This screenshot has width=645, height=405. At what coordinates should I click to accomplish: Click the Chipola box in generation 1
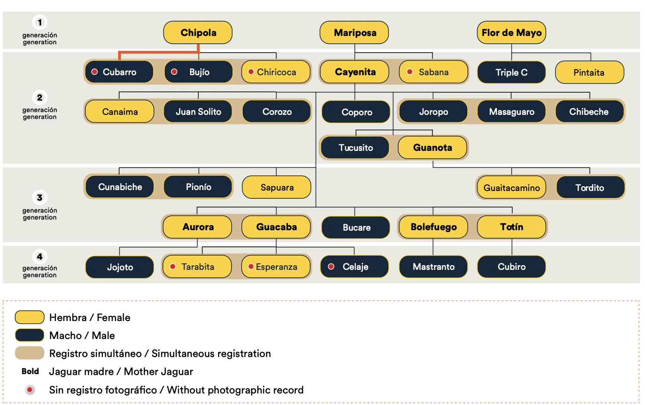point(198,33)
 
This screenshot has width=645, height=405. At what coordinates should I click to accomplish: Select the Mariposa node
point(354,33)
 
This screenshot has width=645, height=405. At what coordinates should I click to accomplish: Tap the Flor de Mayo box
point(511,33)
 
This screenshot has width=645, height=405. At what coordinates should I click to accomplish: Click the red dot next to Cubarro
point(95,72)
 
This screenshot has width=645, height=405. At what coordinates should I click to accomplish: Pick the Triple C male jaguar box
point(511,72)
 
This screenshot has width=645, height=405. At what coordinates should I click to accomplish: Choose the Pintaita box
point(589,72)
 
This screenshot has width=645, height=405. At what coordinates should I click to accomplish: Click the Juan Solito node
point(198,112)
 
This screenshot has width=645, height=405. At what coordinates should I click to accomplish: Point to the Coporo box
point(356,112)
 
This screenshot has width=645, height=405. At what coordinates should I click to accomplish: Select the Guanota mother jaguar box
point(432,148)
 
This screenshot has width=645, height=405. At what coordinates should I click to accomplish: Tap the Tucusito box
point(355,148)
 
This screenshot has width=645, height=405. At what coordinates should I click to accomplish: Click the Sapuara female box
point(277,187)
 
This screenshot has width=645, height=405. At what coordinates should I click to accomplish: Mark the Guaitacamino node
point(511,188)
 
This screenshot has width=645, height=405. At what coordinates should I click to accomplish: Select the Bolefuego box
point(433,227)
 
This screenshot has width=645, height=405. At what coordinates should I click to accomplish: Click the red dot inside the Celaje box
point(331,267)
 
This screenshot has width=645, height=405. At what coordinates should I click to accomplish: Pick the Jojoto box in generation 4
point(120,267)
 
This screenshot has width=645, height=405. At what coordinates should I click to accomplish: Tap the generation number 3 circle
point(40,197)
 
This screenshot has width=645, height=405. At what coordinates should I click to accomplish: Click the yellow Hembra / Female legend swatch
point(30,317)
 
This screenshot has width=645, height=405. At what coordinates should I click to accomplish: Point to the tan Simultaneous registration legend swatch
point(30,353)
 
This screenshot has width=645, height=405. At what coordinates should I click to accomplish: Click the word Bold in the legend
point(30,371)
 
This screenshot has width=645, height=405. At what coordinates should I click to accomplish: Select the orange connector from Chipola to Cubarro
point(157,53)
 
